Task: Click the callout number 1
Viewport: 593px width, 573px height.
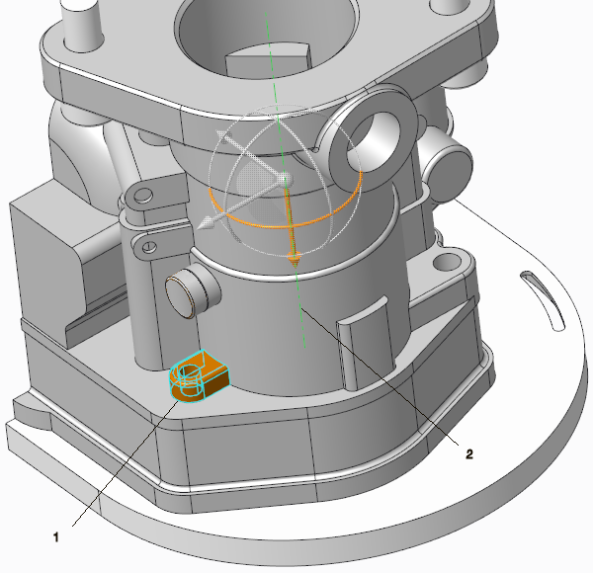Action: click(x=56, y=536)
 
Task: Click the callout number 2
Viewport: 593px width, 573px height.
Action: click(x=468, y=453)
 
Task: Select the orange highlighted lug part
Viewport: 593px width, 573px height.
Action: click(x=199, y=375)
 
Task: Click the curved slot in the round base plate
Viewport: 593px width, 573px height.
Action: click(x=543, y=299)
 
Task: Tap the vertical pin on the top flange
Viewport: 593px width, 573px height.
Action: click(x=81, y=24)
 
